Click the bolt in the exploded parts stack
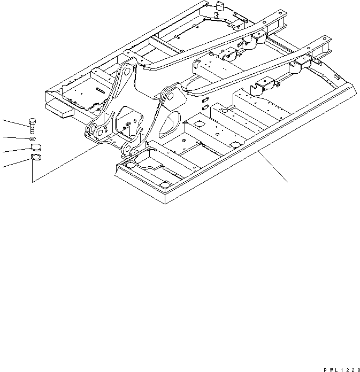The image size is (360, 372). coord(32,126)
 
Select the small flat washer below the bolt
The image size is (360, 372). coord(33,139)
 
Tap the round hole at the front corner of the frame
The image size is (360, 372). coord(164,184)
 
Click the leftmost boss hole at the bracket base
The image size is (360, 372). coord(91,128)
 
